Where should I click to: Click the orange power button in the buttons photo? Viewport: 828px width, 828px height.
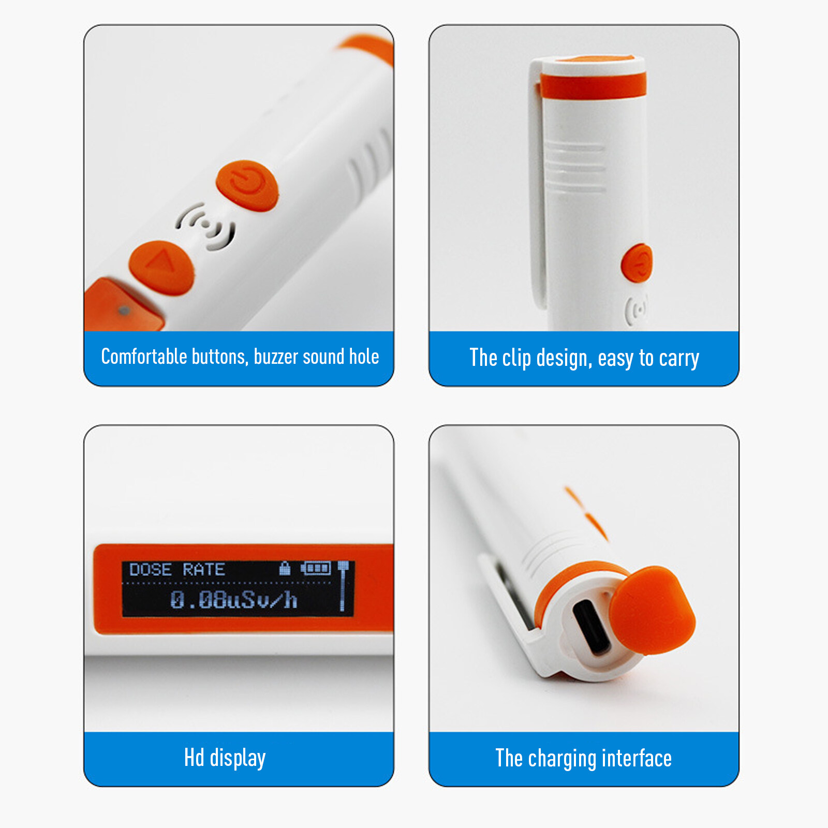[247, 185]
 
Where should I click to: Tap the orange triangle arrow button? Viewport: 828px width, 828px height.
[161, 268]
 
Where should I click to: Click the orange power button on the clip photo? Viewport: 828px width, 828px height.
[637, 263]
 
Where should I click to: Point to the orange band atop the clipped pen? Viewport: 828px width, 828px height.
[593, 85]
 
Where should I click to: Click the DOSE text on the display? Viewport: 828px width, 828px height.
[150, 570]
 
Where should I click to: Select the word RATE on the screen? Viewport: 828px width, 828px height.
[203, 570]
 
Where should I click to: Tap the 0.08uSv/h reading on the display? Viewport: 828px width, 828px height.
[234, 600]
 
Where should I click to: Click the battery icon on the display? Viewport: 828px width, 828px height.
[316, 568]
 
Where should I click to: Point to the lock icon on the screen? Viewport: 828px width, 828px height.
[284, 568]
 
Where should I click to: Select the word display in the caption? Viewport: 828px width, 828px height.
[238, 759]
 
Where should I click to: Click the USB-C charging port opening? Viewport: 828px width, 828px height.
[592, 627]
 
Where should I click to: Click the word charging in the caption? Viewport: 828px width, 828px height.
[562, 759]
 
